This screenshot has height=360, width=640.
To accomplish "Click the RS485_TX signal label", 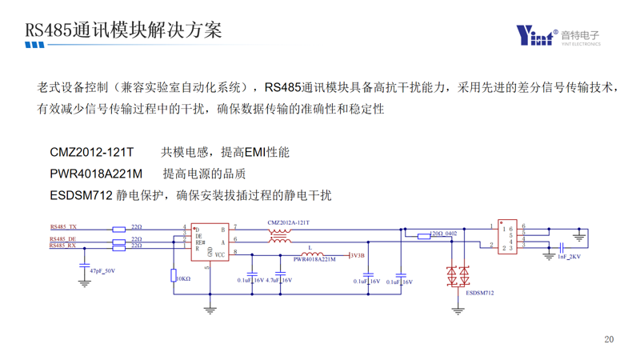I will tap(63, 227).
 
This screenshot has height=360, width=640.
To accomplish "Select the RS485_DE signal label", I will tap(63, 239).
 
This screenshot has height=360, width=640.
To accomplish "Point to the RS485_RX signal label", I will tap(63, 246).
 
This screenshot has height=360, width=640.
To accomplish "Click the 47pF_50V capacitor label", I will tap(102, 272).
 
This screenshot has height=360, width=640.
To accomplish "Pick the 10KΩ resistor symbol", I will tap(174, 276).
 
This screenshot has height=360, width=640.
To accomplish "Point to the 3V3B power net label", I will tap(357, 256).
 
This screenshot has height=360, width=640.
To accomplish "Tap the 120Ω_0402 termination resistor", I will tap(424, 236).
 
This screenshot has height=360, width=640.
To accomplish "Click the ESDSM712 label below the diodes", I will tap(479, 294).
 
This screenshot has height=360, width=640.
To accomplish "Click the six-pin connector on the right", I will tap(506, 238).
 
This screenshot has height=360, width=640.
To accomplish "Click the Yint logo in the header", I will tap(535, 35).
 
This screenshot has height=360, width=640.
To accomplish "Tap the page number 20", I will tap(609, 340).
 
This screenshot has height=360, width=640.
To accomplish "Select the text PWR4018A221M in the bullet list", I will tap(96, 174).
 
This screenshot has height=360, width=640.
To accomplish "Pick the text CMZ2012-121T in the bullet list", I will tap(92, 152).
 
